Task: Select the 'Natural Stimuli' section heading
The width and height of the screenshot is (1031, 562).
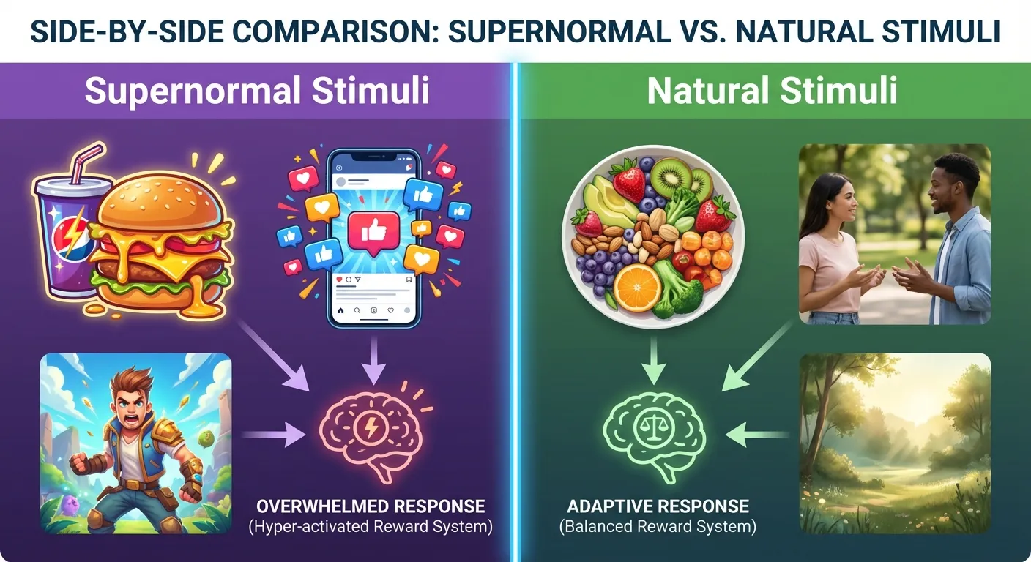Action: pos(772,91)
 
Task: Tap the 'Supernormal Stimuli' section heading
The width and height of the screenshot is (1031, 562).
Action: pos(257,91)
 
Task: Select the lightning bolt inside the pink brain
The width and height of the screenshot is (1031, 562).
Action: pos(372,428)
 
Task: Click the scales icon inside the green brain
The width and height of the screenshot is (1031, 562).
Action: pos(652,427)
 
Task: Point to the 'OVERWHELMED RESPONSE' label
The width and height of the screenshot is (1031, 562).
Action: pos(371,506)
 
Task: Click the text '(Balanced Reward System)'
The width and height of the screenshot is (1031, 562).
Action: pos(657,526)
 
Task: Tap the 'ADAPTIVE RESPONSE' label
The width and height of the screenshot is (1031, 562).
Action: pos(658,506)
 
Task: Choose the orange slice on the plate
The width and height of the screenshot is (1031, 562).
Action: pos(637,287)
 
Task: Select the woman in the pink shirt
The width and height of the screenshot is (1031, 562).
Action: pos(832,249)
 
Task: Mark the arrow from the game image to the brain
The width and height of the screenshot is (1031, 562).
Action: pos(274,436)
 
